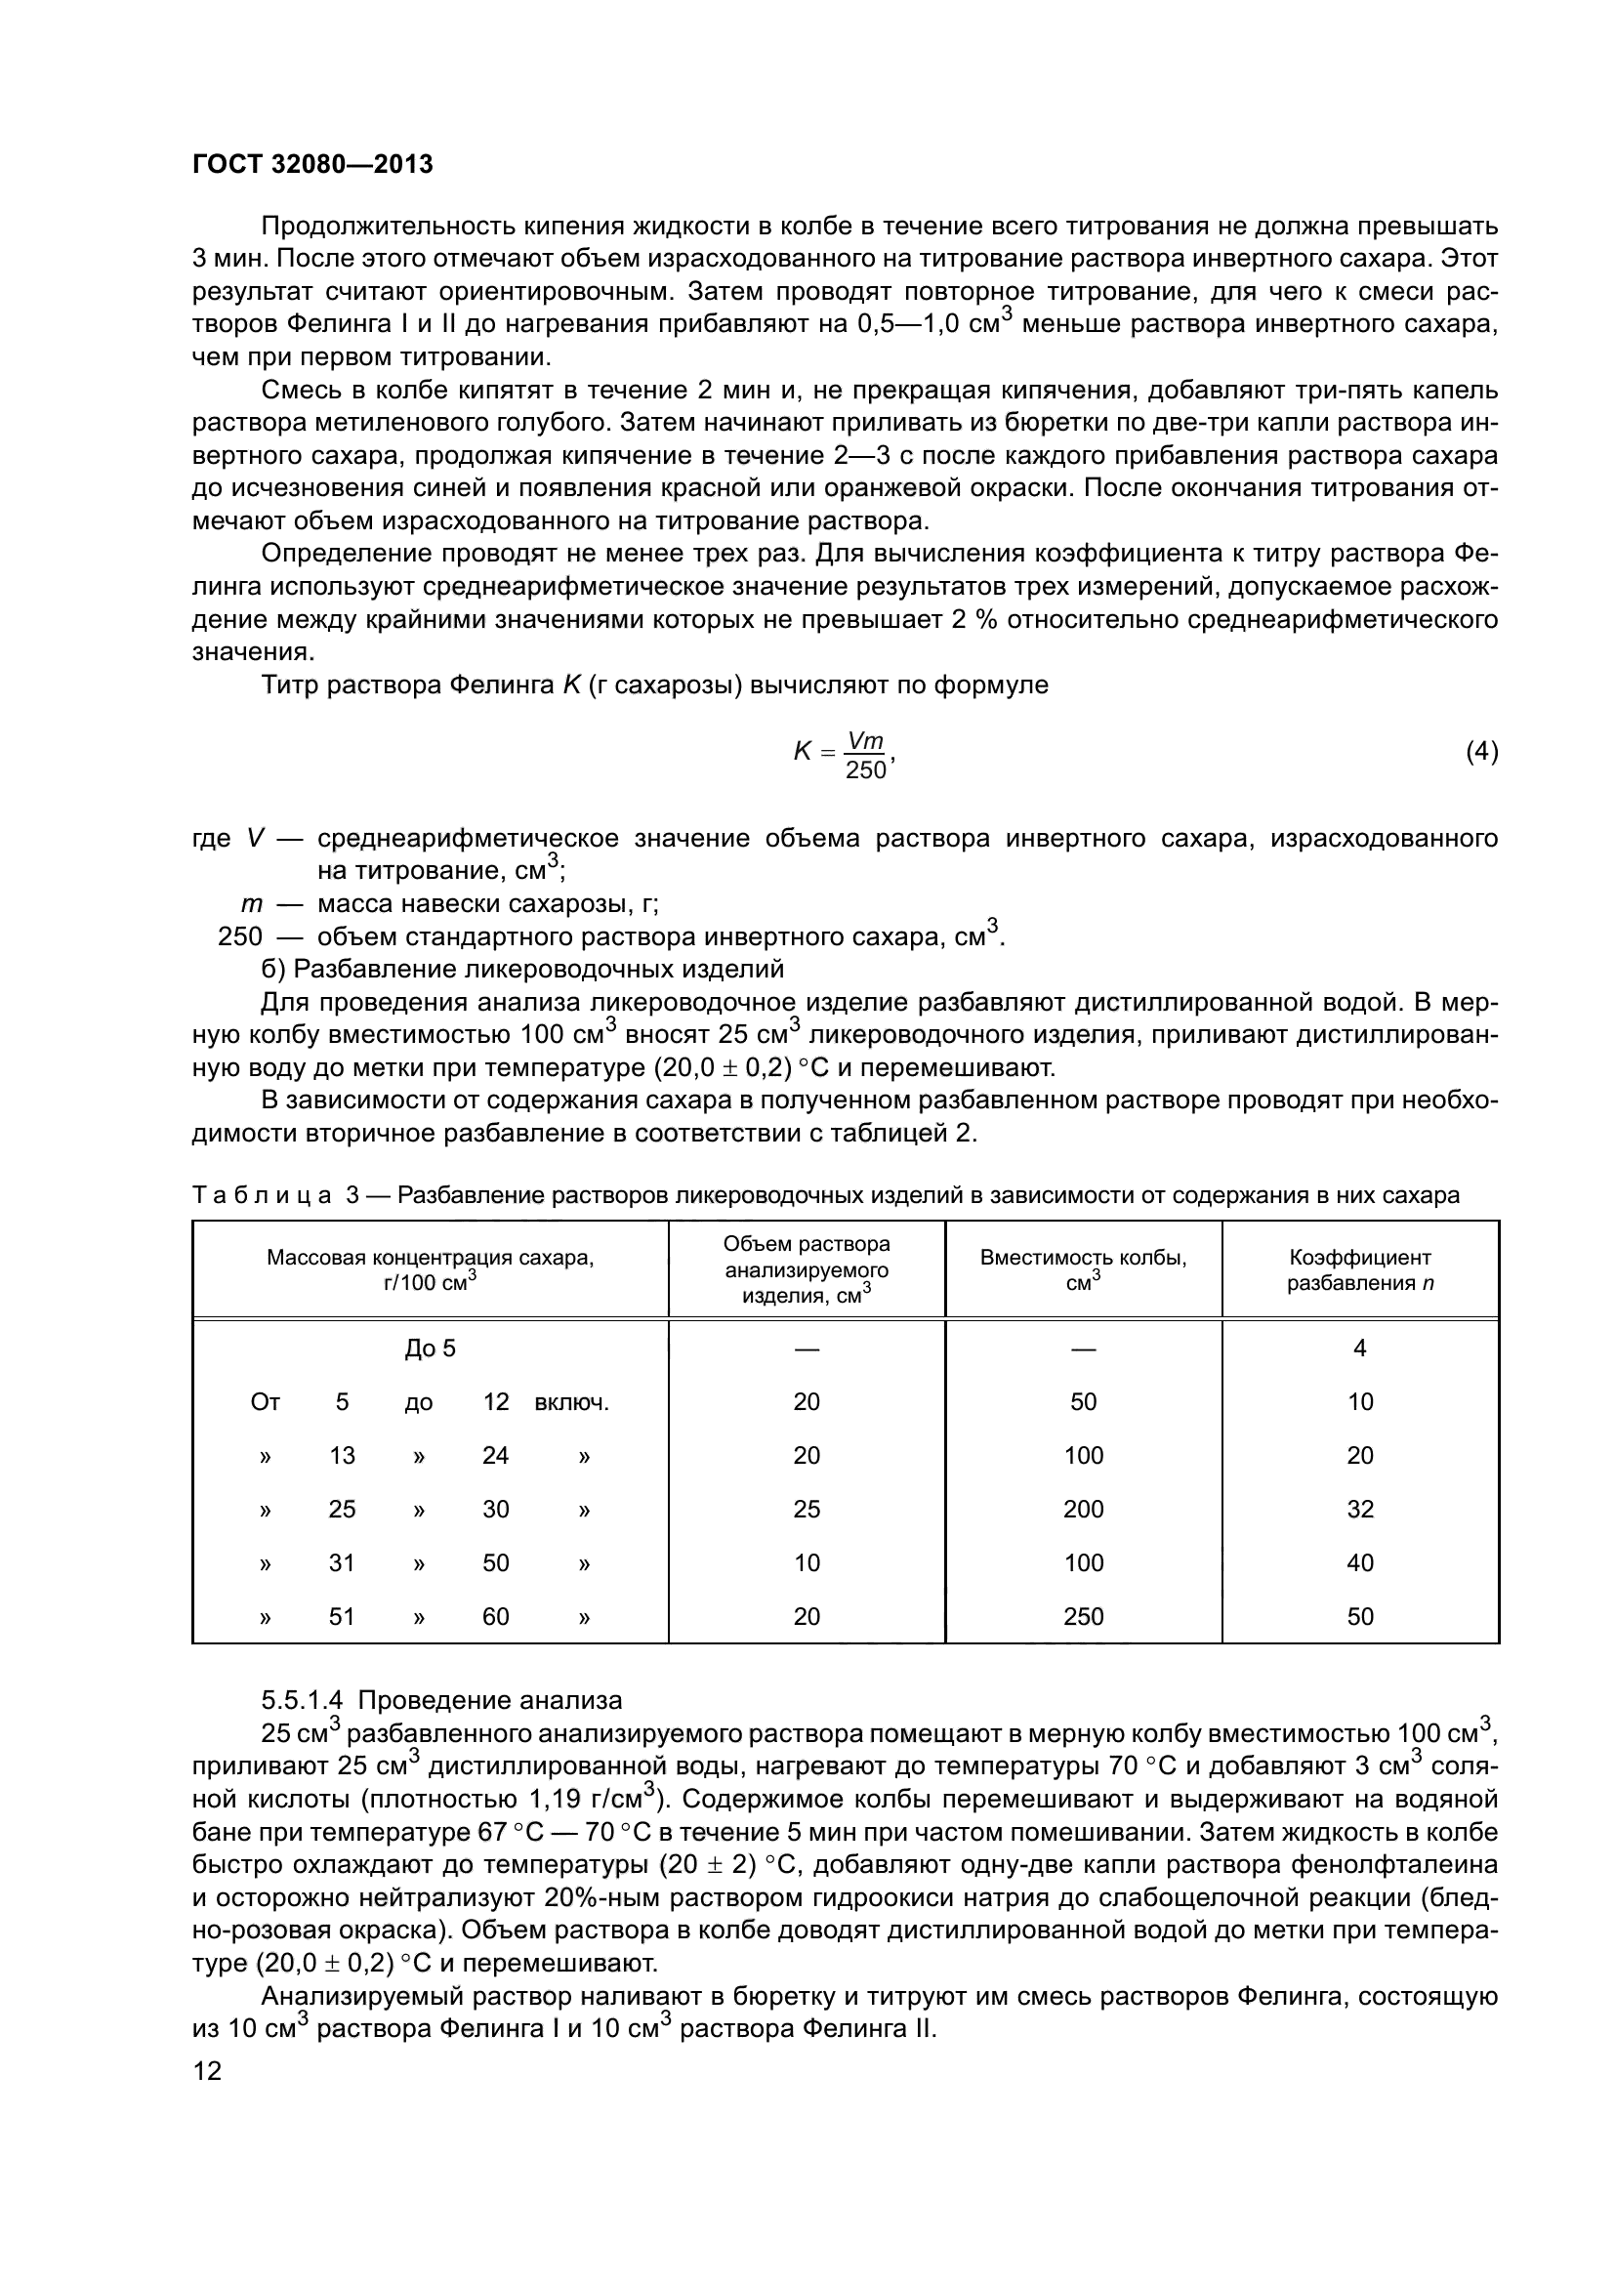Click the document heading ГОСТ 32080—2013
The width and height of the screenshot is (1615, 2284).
click(x=312, y=164)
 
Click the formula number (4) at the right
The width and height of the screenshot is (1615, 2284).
click(x=1481, y=752)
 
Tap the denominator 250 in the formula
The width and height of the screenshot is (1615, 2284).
click(x=864, y=769)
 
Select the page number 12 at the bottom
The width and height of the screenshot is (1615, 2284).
click(x=207, y=2071)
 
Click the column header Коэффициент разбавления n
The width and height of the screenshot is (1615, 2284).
click(x=1359, y=1270)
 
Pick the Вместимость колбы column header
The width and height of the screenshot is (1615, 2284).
click(x=1083, y=1270)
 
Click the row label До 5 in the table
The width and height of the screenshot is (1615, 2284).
click(x=430, y=1349)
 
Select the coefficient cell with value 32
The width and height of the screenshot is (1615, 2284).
click(x=1359, y=1510)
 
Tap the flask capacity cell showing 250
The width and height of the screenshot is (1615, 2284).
click(x=1083, y=1617)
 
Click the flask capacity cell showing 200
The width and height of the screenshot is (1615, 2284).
click(x=1083, y=1510)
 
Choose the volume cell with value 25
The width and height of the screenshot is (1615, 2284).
click(x=807, y=1510)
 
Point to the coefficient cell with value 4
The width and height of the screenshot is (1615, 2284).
click(x=1359, y=1349)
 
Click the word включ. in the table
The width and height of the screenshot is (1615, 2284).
click(x=572, y=1402)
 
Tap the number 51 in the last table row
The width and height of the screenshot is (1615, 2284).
click(x=341, y=1617)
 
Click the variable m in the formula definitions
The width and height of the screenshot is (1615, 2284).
click(x=252, y=904)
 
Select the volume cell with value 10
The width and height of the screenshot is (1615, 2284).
click(x=807, y=1563)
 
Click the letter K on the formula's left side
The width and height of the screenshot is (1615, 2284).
click(x=803, y=752)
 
